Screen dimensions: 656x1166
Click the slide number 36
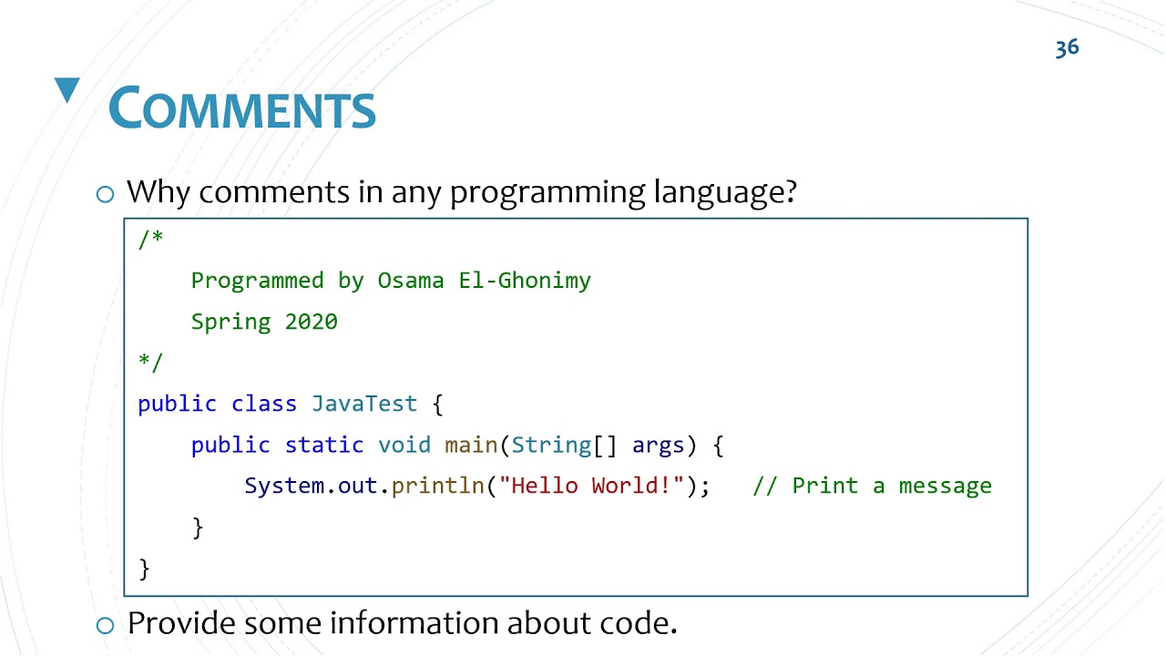[1067, 48]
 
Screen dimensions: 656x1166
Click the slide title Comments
[242, 108]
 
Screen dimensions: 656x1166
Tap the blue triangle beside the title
[67, 90]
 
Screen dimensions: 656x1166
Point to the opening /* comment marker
[150, 239]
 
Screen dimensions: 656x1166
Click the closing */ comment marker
[150, 362]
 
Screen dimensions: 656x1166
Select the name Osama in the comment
[411, 281]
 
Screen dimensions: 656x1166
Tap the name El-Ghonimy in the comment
[525, 281]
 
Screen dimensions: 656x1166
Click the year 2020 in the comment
[311, 322]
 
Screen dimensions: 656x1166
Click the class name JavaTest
[364, 404]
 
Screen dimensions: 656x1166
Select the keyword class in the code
[264, 404]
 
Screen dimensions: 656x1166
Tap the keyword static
[324, 445]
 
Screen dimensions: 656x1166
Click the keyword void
[404, 445]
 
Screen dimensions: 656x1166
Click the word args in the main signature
[658, 445]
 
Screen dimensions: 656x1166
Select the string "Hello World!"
[591, 486]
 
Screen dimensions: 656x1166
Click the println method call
[437, 486]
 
